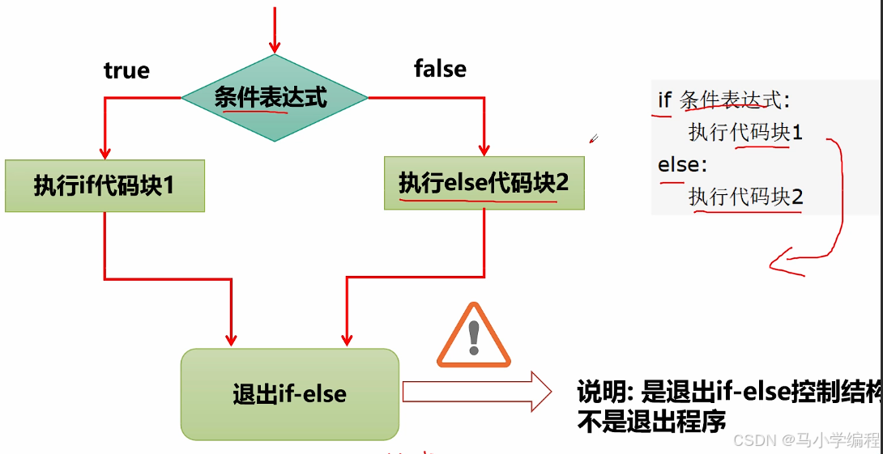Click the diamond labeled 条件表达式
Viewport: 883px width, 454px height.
click(x=274, y=98)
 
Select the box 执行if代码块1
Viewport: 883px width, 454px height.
click(x=105, y=186)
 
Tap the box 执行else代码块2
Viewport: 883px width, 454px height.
click(x=484, y=183)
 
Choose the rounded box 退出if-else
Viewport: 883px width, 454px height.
click(x=289, y=394)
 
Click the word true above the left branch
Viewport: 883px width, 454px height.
click(x=126, y=70)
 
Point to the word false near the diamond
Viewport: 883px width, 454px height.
click(x=440, y=69)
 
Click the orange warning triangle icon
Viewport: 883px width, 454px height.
click(x=474, y=336)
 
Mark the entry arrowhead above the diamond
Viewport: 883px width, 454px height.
click(x=275, y=46)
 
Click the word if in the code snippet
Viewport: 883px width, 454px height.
click(x=665, y=100)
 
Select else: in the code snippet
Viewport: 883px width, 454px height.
click(x=682, y=165)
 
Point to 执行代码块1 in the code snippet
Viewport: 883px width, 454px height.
click(x=745, y=132)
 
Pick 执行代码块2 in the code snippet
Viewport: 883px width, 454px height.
click(x=745, y=197)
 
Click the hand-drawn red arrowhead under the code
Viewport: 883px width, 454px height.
click(x=778, y=262)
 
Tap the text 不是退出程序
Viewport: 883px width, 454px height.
click(x=651, y=422)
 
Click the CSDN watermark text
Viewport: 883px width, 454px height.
click(x=805, y=440)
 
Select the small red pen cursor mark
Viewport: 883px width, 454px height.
click(x=593, y=138)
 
